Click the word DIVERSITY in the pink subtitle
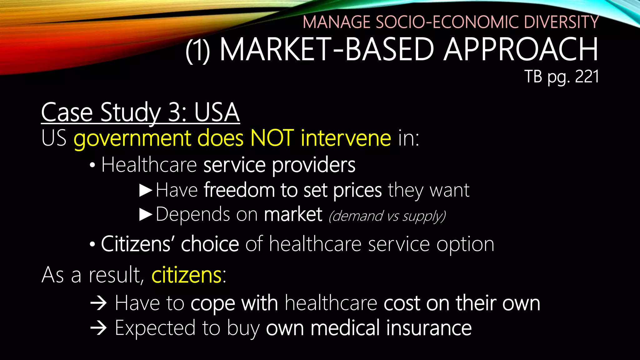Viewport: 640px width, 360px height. tap(561, 22)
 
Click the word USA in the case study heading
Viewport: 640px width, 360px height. tap(217, 112)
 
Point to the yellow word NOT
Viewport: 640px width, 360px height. tap(272, 138)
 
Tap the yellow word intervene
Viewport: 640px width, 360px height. tap(346, 138)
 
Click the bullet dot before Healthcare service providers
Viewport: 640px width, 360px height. tap(92, 166)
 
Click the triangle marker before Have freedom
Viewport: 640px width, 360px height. tap(146, 190)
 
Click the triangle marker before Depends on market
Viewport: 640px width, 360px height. tap(146, 215)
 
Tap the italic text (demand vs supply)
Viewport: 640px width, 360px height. tap(387, 216)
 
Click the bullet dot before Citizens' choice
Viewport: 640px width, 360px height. tap(92, 245)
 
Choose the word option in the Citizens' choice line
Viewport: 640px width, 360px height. tap(465, 244)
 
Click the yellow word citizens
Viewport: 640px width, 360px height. tap(187, 275)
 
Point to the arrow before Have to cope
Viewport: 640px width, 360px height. tap(98, 303)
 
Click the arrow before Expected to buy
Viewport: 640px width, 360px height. tap(98, 328)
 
